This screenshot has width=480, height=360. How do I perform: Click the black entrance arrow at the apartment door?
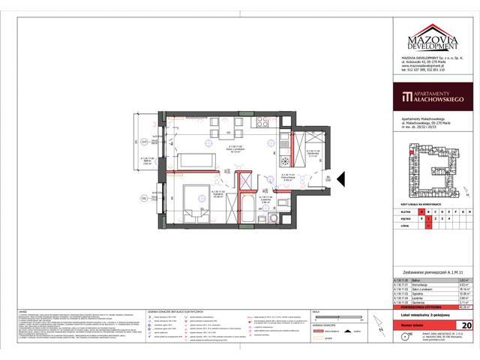pyautogui.click(x=340, y=179)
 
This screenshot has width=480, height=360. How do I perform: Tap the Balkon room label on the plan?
pyautogui.click(x=148, y=159)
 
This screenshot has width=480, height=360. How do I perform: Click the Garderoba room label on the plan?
pyautogui.click(x=313, y=153)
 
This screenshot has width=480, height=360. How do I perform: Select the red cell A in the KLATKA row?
pyautogui.click(x=428, y=212)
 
